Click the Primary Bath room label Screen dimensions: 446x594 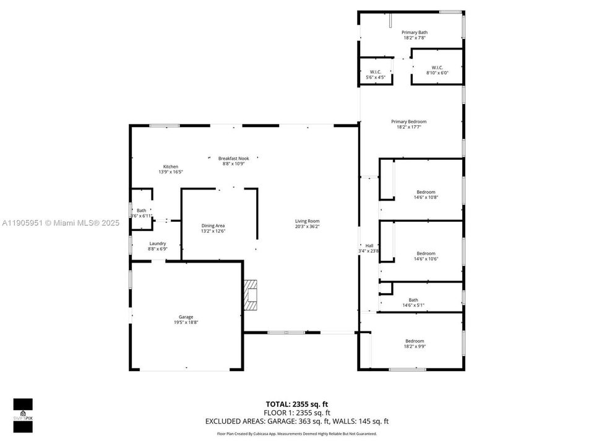pos(414,32)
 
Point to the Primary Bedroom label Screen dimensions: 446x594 pos(408,122)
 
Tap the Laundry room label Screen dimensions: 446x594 pos(157,243)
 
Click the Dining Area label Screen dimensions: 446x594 pos(213,225)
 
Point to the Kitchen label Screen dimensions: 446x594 pos(171,167)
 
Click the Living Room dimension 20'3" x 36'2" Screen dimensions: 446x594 pos(307,227)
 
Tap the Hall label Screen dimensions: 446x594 pos(369,245)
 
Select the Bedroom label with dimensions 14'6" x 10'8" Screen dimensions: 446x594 pos(426,192)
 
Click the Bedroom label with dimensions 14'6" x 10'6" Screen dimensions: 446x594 pos(426,253)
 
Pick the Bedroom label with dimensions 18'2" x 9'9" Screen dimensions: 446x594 pos(415,341)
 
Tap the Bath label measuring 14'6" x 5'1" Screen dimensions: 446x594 pos(413,300)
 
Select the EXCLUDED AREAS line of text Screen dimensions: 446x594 pos(296,421)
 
